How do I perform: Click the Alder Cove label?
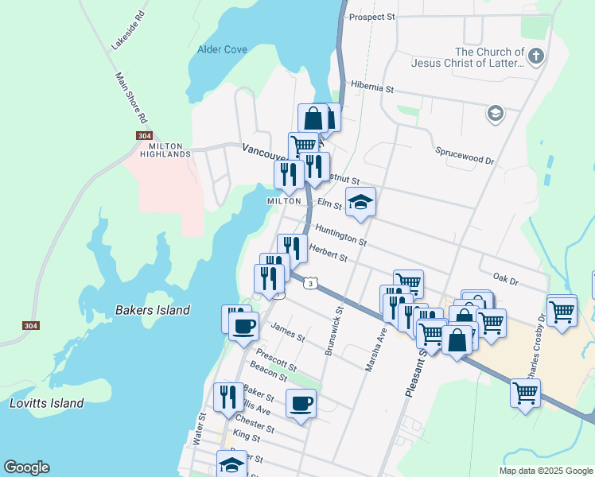pos(222,49)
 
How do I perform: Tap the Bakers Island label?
pos(153,310)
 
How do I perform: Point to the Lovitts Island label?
pos(46,403)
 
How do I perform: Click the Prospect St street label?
pos(371,17)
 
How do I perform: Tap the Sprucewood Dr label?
pos(465,154)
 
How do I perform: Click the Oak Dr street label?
pos(505,280)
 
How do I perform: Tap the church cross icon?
pos(536,56)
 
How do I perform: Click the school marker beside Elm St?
pos(360,202)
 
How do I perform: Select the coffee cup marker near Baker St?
pos(301,402)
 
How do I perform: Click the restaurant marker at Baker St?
pos(228,397)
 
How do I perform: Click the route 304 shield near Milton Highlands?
pos(144,136)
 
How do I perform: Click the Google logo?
pos(26,467)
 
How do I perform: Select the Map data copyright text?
pos(545,471)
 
